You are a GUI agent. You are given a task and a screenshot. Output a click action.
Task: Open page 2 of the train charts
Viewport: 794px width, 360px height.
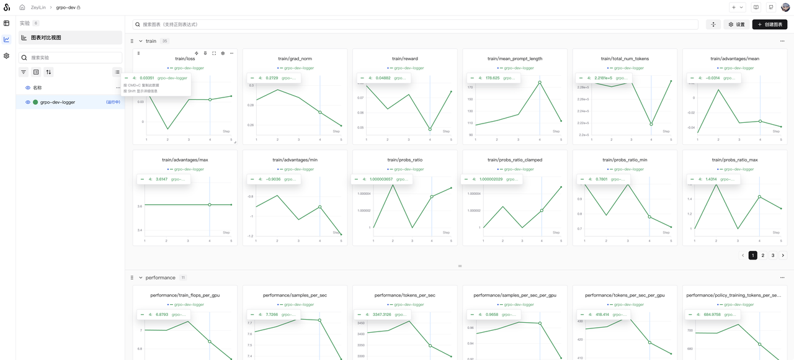pyautogui.click(x=763, y=255)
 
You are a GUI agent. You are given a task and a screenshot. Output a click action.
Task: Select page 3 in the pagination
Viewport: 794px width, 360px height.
pyautogui.click(x=773, y=255)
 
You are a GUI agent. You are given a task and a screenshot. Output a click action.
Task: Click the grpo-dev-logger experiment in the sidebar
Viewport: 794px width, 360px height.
pyautogui.click(x=58, y=102)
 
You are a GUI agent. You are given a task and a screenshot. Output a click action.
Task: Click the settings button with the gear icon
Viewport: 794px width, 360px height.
pyautogui.click(x=736, y=24)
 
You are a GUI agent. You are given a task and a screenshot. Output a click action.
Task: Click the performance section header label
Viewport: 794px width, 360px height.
pyautogui.click(x=160, y=277)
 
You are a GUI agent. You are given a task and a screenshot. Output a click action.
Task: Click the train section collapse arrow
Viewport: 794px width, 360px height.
pyautogui.click(x=141, y=41)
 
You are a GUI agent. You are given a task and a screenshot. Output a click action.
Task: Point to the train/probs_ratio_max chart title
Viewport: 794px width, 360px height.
pyautogui.click(x=735, y=160)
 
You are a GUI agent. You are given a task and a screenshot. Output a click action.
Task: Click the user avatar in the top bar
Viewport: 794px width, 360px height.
pyautogui.click(x=785, y=7)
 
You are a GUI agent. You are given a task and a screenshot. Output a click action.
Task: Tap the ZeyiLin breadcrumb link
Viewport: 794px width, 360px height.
pyautogui.click(x=39, y=7)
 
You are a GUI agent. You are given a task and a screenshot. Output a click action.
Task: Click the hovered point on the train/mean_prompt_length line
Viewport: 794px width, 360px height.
pyautogui.click(x=540, y=82)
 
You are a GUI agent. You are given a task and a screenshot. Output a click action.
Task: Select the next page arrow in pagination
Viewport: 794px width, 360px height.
pyautogui.click(x=783, y=255)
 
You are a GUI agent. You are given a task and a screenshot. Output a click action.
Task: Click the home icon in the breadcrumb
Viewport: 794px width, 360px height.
pyautogui.click(x=22, y=7)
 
